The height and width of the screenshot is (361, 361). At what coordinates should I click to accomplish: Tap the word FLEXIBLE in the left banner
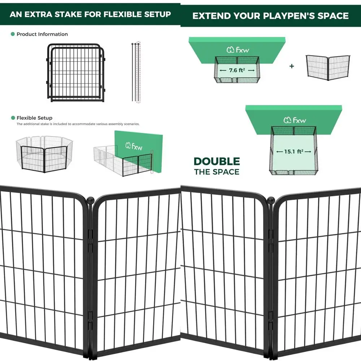point(121,14)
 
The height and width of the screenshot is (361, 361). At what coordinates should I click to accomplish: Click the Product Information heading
point(42,34)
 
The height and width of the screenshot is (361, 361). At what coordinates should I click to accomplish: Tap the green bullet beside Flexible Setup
point(13,118)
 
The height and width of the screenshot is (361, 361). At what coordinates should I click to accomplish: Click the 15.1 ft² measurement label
point(293,152)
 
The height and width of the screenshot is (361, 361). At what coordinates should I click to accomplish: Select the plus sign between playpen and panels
point(292,66)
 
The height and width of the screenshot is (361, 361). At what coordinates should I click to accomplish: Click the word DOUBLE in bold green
point(217,161)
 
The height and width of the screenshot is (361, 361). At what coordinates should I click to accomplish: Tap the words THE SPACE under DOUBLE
point(217,171)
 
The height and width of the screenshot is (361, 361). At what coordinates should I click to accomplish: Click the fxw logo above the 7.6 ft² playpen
point(237,50)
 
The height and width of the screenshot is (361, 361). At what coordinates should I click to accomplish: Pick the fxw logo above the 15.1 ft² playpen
point(293,119)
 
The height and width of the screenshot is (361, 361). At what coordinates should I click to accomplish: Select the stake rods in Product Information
point(135,72)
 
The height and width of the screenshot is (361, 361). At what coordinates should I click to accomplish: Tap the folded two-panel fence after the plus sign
point(327,68)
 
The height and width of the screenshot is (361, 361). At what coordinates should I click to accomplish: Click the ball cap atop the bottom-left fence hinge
point(90,199)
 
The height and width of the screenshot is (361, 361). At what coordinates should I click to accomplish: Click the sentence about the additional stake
point(78,124)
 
